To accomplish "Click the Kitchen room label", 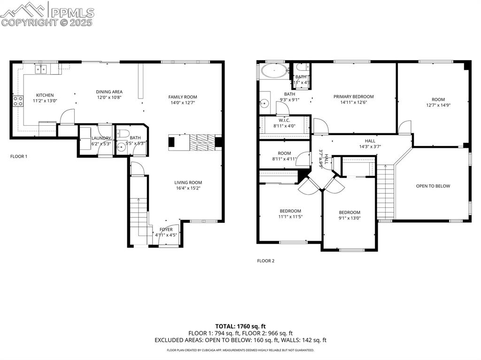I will pyautogui.click(x=45, y=95).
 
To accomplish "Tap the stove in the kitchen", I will pyautogui.click(x=18, y=101).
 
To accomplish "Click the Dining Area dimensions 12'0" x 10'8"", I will pyautogui.click(x=109, y=98).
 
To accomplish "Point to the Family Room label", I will pyautogui.click(x=183, y=97).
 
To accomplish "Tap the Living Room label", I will pyautogui.click(x=188, y=183).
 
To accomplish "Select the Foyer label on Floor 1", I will pyautogui.click(x=166, y=230).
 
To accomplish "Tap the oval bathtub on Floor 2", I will pyautogui.click(x=274, y=71).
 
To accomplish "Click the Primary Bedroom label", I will pyautogui.click(x=354, y=97).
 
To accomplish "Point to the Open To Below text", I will pyautogui.click(x=433, y=186).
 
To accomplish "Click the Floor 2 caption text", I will pyautogui.click(x=265, y=260).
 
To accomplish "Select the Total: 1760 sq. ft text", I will pyautogui.click(x=240, y=326).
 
